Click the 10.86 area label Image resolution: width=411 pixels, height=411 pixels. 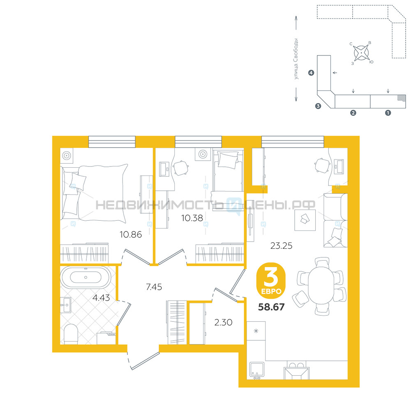[131, 235]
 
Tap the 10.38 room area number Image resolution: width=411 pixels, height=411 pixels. [192, 218]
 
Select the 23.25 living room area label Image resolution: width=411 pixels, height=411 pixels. [281, 246]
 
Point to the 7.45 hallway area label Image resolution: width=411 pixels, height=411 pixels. [154, 287]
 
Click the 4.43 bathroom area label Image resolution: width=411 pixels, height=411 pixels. [101, 298]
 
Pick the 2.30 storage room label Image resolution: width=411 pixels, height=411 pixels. [223, 322]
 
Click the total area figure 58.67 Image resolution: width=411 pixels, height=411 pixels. [271, 307]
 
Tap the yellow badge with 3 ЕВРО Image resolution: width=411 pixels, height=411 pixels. [271, 280]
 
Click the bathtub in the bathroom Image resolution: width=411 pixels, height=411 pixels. [85, 277]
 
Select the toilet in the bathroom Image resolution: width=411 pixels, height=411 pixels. [71, 334]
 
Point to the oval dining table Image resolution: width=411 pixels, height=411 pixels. [321, 285]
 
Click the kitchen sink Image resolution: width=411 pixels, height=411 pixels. [256, 370]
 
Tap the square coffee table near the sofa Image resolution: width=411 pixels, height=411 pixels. [305, 220]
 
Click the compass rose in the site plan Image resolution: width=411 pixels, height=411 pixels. [361, 53]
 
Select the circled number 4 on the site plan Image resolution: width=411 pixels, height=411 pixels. [311, 73]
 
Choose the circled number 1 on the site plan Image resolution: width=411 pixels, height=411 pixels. [388, 113]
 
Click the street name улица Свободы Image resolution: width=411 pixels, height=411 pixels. [296, 59]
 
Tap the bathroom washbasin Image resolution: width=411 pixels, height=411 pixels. [66, 305]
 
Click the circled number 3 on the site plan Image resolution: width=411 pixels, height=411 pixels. [318, 106]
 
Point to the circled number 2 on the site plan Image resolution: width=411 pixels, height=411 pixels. [353, 113]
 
